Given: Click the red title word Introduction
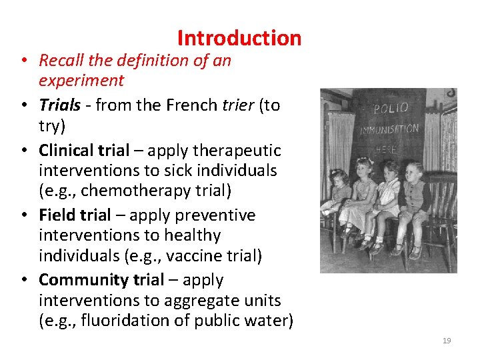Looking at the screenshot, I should pyautogui.click(x=239, y=38).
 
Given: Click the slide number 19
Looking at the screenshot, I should pyautogui.click(x=447, y=341).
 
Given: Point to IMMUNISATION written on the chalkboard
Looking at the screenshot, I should pyautogui.click(x=390, y=129).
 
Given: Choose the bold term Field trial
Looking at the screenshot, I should pyautogui.click(x=75, y=215).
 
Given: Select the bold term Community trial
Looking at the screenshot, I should pyautogui.click(x=101, y=280).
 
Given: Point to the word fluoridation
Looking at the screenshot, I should pyautogui.click(x=123, y=321).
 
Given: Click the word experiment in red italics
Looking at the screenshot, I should pyautogui.click(x=81, y=81).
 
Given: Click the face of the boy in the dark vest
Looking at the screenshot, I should pyautogui.click(x=414, y=172).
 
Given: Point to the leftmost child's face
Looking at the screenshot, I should pyautogui.click(x=338, y=178).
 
